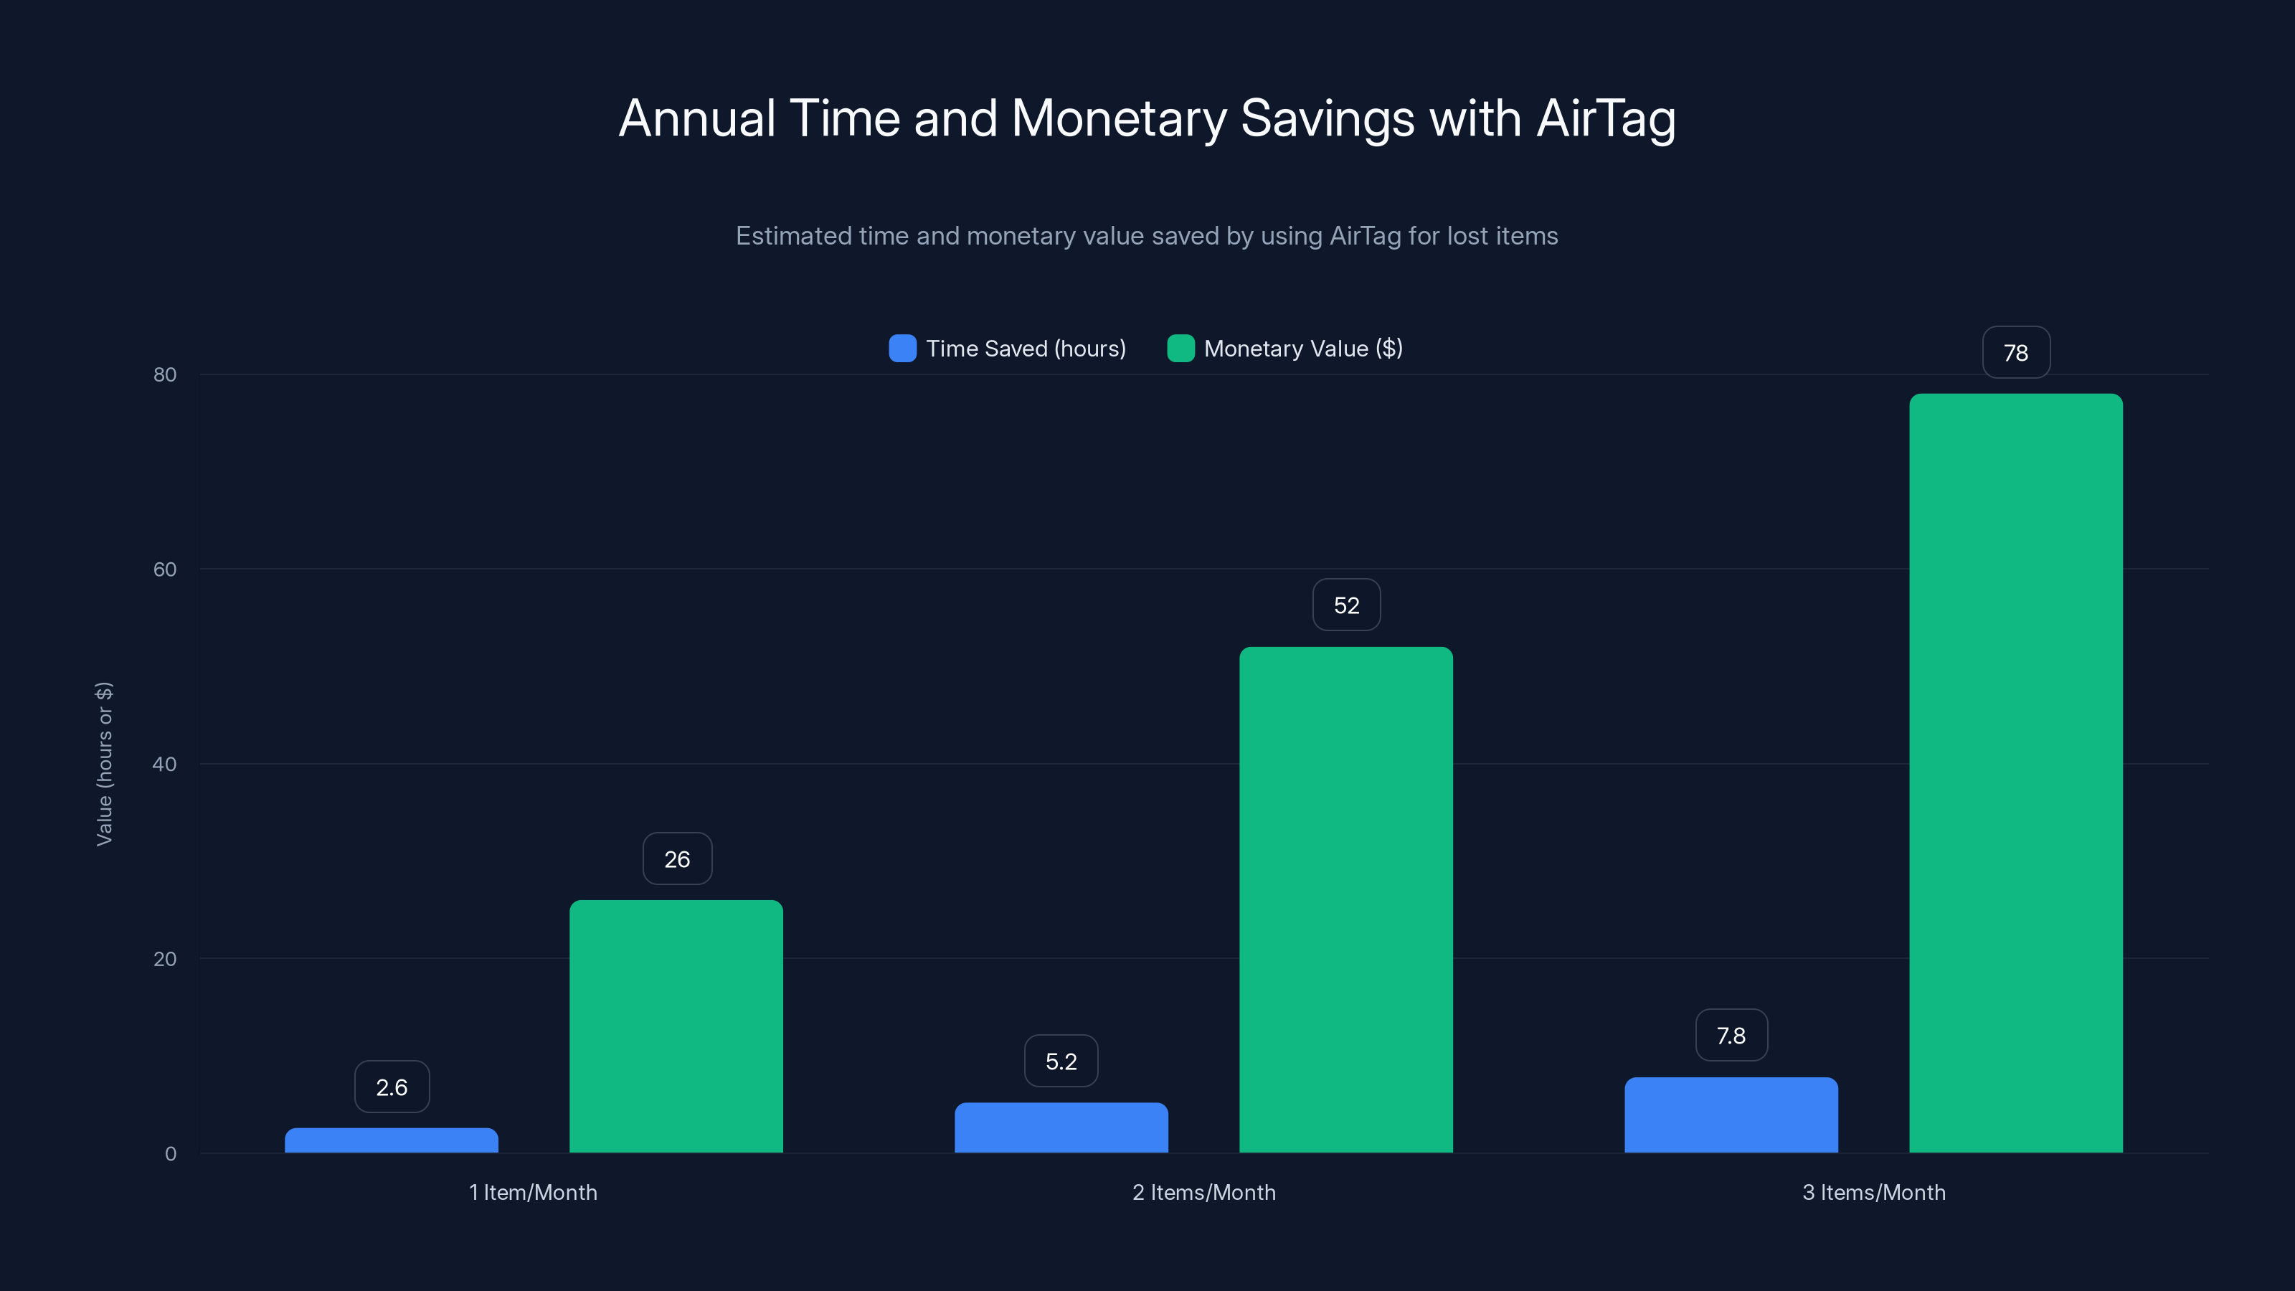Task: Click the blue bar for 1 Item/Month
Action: pos(391,1140)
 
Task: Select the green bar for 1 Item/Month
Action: pos(676,1026)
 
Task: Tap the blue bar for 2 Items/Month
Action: pos(1061,1128)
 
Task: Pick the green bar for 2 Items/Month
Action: pos(1346,900)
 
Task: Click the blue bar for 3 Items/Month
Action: pos(1731,1115)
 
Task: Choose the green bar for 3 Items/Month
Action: pos(2016,773)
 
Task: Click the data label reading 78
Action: pos(2016,353)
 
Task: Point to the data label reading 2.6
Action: pos(392,1087)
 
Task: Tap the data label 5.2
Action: pos(1061,1061)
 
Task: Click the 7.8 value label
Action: pos(1731,1035)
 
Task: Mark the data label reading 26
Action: pos(677,859)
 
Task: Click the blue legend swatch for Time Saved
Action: pos(902,349)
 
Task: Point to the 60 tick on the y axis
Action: pos(165,569)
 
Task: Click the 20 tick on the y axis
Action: pos(165,959)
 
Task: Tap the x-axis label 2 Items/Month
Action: pos(1203,1192)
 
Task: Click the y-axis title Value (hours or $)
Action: pos(104,764)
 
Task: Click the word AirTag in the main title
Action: pos(1606,118)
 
